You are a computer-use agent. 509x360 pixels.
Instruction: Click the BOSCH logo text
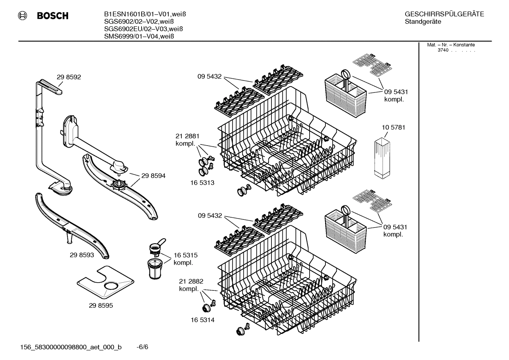tap(52, 16)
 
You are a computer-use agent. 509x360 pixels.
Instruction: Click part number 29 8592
tap(69, 77)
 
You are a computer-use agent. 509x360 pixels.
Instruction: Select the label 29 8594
tap(153, 176)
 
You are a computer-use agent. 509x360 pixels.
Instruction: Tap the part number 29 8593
tap(82, 255)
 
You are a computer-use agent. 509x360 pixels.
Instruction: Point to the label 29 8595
tap(101, 305)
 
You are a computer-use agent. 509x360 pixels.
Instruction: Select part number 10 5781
tap(393, 127)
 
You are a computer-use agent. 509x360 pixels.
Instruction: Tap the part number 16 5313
tap(202, 183)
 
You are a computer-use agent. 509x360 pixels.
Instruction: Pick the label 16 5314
tap(202, 320)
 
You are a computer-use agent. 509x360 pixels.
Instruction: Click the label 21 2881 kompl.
tap(187, 140)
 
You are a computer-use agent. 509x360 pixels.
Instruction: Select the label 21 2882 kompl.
tap(191, 285)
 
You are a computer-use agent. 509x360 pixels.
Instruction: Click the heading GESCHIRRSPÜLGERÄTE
tap(444, 14)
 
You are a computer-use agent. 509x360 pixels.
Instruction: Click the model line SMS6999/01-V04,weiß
tap(139, 36)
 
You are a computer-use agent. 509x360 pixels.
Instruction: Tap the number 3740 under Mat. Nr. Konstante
tap(443, 50)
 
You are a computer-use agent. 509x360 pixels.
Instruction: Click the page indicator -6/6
tap(142, 347)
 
